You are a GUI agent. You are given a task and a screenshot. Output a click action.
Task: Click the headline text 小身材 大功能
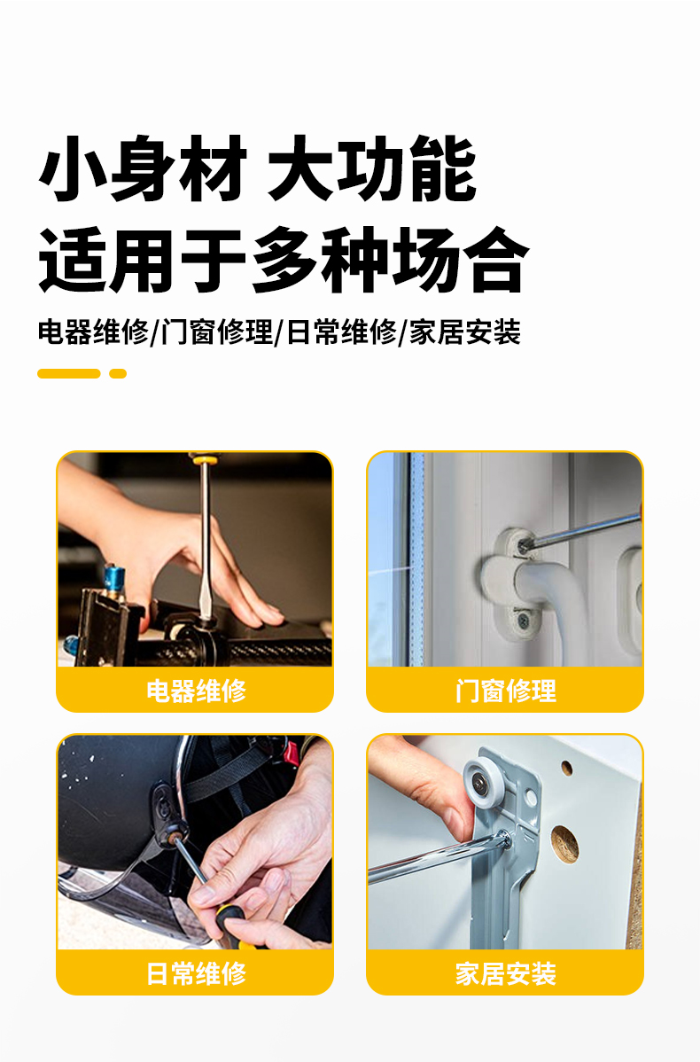point(258,168)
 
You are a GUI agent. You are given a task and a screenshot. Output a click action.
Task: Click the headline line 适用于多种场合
point(283,260)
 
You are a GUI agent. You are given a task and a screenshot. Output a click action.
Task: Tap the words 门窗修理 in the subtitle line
point(216,332)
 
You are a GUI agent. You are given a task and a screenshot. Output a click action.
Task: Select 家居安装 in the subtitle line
point(465,332)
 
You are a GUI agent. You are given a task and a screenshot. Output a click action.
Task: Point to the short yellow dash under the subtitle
point(118,374)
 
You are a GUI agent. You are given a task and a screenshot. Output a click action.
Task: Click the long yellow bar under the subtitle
point(68,374)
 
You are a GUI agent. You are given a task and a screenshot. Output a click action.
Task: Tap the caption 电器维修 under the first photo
point(197,691)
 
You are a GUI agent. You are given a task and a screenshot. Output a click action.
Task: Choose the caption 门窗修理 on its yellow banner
point(506,691)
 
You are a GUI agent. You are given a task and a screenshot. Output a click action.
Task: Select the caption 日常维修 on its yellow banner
point(197,973)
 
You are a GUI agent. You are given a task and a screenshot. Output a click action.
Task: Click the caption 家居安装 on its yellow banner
point(506,973)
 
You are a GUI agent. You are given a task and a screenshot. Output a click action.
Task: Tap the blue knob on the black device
point(113,576)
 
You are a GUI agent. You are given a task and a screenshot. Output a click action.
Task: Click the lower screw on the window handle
point(524,619)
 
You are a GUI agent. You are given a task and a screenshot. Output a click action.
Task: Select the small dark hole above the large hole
point(566,768)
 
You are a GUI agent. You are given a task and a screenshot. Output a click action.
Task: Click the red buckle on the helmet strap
point(292,752)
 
